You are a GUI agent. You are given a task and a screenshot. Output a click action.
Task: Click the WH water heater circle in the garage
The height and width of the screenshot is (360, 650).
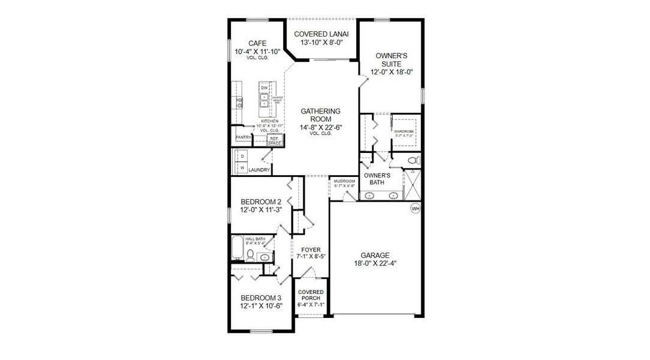point(415,209)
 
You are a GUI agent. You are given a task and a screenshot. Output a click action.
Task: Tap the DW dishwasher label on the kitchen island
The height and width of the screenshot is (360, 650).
point(264,88)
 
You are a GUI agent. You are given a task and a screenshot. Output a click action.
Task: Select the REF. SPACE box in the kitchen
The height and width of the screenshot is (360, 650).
point(275,141)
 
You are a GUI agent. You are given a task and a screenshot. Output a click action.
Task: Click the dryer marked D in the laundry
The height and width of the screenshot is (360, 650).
point(243,156)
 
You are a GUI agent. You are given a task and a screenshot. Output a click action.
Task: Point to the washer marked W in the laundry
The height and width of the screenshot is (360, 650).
point(243,169)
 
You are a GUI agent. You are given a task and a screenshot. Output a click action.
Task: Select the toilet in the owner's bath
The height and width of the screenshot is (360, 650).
point(411,161)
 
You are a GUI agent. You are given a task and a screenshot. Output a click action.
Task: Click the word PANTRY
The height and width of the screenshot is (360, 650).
point(243,137)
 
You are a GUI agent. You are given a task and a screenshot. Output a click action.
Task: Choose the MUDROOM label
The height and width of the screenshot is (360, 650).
point(344,181)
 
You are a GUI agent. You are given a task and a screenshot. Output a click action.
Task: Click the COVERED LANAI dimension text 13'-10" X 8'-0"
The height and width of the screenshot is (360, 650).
point(321,43)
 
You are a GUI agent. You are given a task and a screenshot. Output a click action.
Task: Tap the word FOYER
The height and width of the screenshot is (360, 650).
point(311,249)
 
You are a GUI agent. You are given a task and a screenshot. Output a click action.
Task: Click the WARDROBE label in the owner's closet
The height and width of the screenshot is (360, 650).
point(404,131)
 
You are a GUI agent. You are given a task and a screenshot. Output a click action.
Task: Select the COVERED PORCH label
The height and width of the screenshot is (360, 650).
point(311,295)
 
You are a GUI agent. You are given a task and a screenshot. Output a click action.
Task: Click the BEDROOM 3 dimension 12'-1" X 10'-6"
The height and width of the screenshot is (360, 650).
point(261,307)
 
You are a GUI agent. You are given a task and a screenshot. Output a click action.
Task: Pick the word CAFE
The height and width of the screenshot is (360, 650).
point(257,43)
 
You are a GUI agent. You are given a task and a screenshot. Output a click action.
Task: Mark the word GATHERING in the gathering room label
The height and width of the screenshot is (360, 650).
point(320,111)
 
